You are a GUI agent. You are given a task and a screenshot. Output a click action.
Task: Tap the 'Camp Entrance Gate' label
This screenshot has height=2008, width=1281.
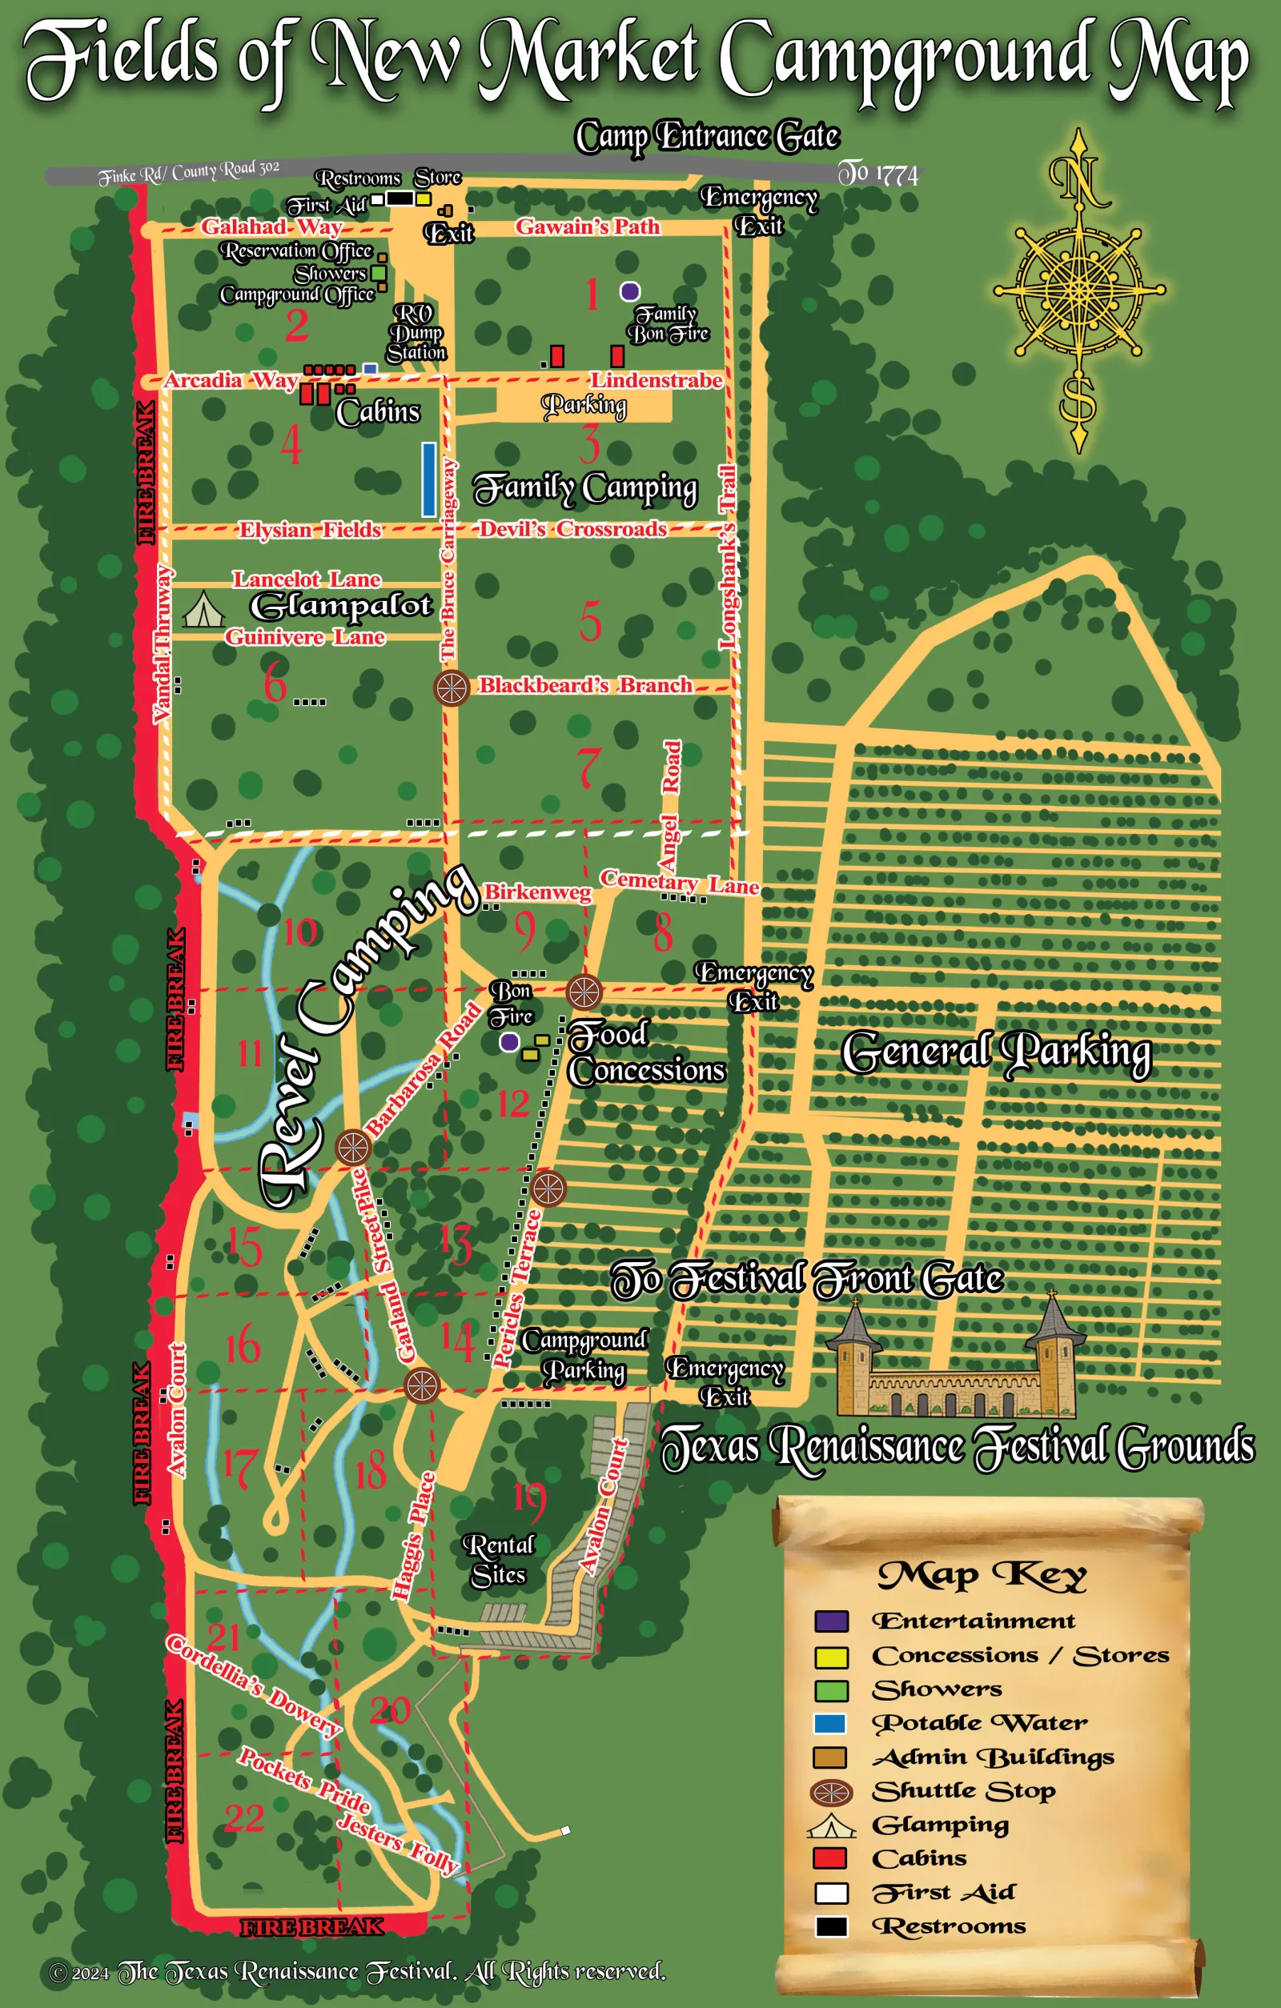(x=706, y=137)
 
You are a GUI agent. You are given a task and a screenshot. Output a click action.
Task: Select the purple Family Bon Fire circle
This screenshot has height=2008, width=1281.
(x=629, y=291)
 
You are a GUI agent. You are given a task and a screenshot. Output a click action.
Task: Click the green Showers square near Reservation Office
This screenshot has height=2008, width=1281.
(x=379, y=273)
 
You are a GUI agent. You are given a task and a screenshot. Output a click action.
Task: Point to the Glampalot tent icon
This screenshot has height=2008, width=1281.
(x=203, y=610)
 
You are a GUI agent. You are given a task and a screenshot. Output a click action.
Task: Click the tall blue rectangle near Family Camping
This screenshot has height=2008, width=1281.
(x=428, y=479)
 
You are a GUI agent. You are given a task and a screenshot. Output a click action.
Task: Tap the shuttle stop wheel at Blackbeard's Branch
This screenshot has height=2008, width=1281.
(x=452, y=688)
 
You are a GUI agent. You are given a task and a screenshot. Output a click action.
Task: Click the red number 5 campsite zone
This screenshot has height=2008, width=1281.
(x=591, y=621)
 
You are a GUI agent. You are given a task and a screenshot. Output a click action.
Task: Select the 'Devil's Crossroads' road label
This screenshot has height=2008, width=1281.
(x=573, y=529)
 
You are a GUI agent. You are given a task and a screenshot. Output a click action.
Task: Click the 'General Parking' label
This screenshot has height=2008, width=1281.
(x=996, y=1052)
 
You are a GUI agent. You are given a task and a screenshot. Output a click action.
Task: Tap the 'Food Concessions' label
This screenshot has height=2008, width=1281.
(x=645, y=1053)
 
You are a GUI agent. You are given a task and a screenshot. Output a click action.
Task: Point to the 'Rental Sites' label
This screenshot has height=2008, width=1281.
(x=498, y=1560)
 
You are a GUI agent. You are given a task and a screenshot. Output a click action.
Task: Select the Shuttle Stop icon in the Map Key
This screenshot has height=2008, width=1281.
(x=832, y=1792)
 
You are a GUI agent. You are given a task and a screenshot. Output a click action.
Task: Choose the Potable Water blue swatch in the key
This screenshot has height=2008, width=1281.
(x=829, y=1724)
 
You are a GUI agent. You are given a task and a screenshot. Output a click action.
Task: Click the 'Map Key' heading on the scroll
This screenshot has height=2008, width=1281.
(x=982, y=1575)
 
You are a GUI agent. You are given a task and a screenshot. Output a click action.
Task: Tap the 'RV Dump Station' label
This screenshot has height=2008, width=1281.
(x=416, y=333)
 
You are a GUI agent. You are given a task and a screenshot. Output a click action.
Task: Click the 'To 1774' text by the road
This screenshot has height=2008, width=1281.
(x=877, y=174)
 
